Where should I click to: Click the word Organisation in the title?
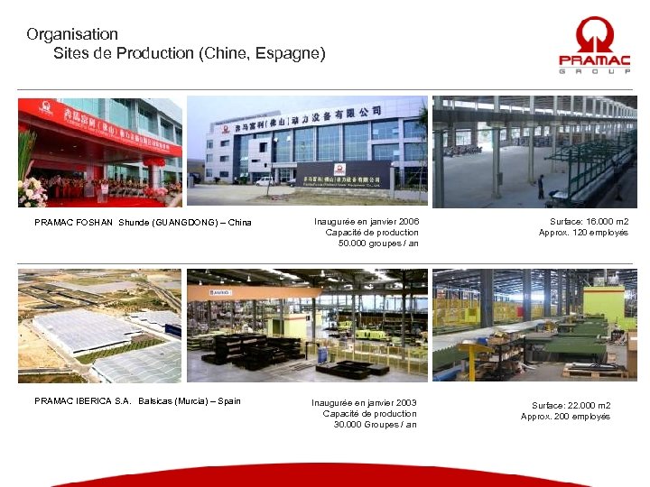(x=72, y=34)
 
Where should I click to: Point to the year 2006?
(x=407, y=221)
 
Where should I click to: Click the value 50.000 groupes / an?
(x=378, y=243)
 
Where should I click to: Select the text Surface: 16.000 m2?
(x=590, y=221)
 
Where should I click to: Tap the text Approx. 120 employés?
(x=584, y=232)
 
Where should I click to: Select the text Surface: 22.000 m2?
(x=571, y=405)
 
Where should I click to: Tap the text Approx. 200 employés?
(x=566, y=416)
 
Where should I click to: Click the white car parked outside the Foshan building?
(x=264, y=181)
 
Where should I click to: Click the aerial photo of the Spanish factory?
(x=99, y=326)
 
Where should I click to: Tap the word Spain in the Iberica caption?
(x=229, y=400)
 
